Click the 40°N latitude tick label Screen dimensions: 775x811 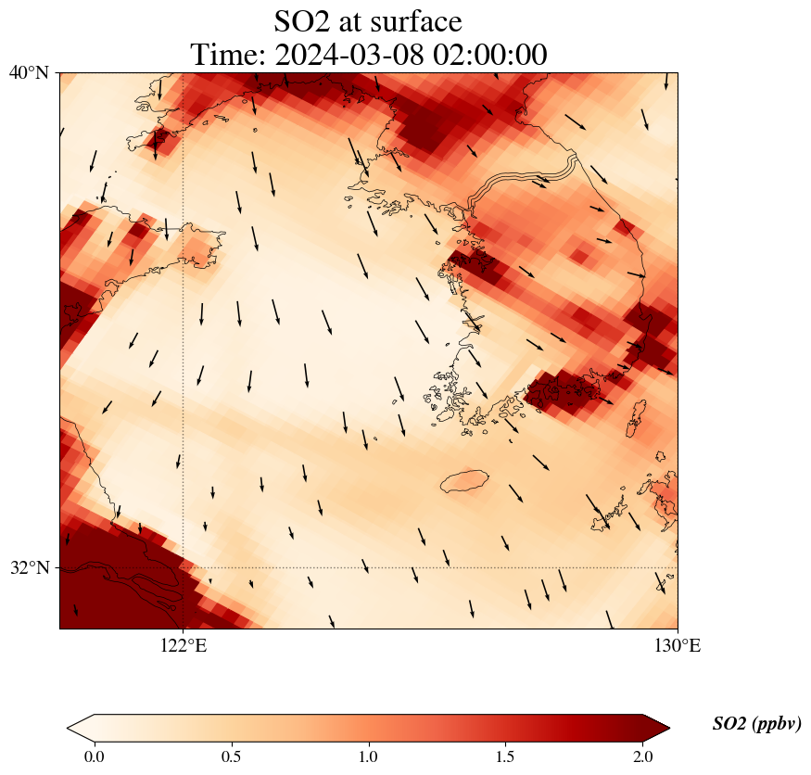point(29,73)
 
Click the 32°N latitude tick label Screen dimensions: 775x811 point(29,567)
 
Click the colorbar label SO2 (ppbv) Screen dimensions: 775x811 point(756,724)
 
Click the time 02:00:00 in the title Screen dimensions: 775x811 point(487,55)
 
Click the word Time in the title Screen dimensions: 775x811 point(222,55)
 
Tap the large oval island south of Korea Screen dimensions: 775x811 point(464,481)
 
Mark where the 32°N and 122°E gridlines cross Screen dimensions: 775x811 point(184,567)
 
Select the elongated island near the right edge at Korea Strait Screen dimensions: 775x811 point(636,419)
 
